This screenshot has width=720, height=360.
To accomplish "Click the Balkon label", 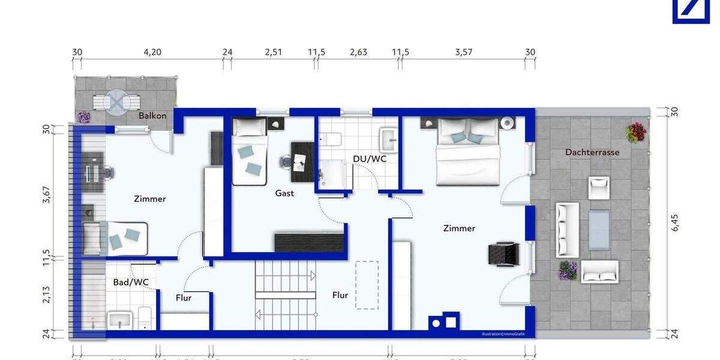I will point(152,116).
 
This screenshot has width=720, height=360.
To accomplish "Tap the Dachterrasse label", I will point(592,152).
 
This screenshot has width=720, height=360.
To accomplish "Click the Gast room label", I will point(284,193).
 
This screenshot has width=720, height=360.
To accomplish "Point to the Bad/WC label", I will point(131,282).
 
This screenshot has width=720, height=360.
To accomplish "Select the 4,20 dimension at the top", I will point(152,52).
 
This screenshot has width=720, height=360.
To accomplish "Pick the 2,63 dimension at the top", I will point(358,52).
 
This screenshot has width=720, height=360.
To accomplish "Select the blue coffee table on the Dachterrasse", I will point(598,230).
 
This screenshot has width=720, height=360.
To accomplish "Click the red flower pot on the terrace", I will point(635,133).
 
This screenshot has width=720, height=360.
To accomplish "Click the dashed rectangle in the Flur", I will point(367,284).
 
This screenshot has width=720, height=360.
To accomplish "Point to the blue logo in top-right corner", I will point(691,11).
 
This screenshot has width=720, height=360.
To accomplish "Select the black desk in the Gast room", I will point(302,161).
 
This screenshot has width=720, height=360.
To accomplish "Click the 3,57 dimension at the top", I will point(464,52).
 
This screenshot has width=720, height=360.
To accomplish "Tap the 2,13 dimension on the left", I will point(47,295).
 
